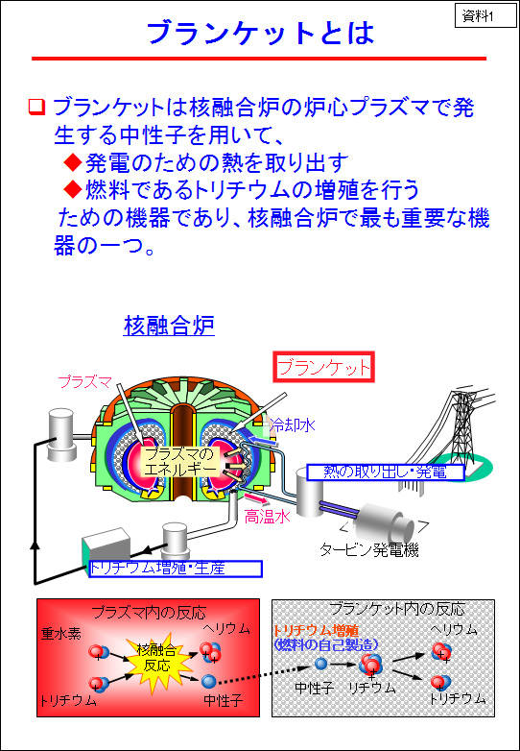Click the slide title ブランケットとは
(260, 34)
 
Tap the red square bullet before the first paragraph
(36, 108)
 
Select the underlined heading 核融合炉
(169, 327)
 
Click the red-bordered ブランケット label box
(324, 368)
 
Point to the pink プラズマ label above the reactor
(84, 381)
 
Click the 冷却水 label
(292, 424)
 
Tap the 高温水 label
(267, 517)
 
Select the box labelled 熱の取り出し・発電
(385, 472)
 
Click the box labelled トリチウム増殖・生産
(176, 569)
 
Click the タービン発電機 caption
(368, 550)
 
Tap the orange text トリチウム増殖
(316, 630)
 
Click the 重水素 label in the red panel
(60, 634)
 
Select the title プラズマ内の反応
(149, 612)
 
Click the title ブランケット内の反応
(396, 609)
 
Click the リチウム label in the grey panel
(372, 689)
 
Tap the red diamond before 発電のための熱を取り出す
(73, 163)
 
